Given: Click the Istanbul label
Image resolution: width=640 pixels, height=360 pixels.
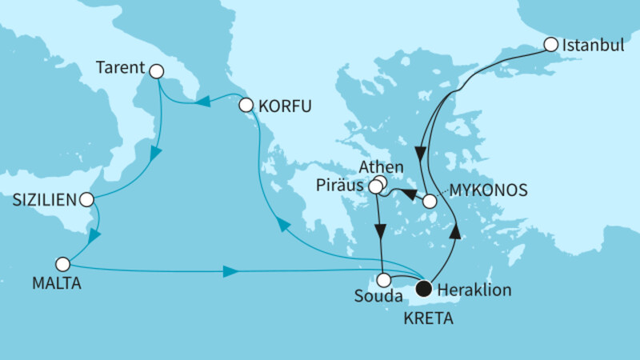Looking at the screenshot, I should pos(593,45).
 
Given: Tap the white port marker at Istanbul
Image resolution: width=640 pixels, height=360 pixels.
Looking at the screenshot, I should pos(550,45).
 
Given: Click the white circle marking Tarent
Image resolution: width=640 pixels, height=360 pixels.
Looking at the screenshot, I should pos(156,72).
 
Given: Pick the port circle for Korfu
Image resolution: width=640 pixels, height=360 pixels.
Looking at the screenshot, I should pos(246,104).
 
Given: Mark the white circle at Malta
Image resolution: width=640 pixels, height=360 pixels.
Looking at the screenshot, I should pos(63,263).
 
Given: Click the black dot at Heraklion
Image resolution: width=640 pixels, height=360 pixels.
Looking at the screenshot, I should pos(423,288).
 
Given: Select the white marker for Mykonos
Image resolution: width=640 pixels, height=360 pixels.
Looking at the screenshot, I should pos(430,202).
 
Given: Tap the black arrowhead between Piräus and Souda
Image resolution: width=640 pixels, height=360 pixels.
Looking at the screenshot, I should pos(381,230).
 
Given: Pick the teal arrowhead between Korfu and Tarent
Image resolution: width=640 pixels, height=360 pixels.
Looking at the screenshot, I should pos(203,101).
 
